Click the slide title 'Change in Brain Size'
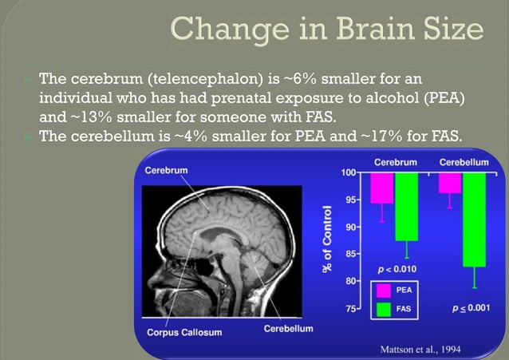[327, 31]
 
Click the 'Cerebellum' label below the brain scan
[288, 328]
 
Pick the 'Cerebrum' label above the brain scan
[167, 170]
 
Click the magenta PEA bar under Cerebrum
[381, 188]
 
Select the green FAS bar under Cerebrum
[407, 206]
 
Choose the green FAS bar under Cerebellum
[475, 219]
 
